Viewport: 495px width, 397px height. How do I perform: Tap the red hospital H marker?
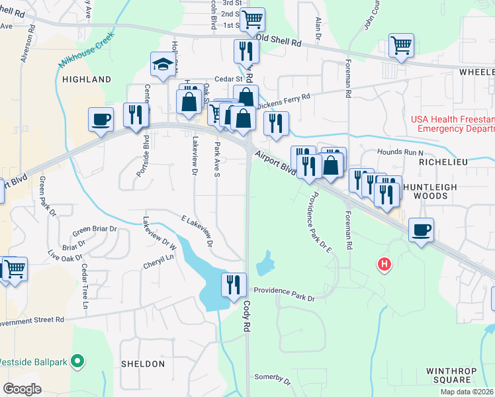(x=384, y=265)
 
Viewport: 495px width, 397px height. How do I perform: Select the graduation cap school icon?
(x=161, y=64)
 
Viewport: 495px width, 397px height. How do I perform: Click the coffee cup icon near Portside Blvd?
(x=101, y=120)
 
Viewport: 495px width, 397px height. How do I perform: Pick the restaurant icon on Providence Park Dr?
(x=233, y=285)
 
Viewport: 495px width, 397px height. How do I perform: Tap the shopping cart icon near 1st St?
(x=252, y=20)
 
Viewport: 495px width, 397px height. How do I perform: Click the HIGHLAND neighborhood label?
(x=87, y=79)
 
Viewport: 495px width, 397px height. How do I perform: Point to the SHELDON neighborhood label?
(x=143, y=364)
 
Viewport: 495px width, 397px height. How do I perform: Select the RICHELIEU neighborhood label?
(x=447, y=161)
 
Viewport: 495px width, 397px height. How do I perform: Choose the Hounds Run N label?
(x=400, y=152)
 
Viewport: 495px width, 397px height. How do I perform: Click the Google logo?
(x=22, y=388)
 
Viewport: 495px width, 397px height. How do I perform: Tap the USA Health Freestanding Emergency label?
(x=453, y=124)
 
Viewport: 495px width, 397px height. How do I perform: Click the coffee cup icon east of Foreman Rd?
(x=421, y=230)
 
